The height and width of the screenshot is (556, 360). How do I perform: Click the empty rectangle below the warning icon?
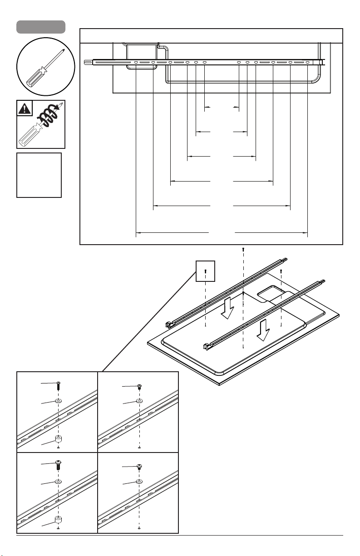tap(39, 175)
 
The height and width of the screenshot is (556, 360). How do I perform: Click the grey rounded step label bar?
tap(40, 26)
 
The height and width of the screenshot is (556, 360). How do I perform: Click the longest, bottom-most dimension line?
tap(222, 233)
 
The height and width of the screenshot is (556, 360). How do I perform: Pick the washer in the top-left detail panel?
tap(59, 402)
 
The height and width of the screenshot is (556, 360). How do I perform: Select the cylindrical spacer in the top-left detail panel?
tap(59, 439)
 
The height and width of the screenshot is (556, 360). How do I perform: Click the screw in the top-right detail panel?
tap(139, 387)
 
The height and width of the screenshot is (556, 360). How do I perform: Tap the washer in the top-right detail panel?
tap(139, 402)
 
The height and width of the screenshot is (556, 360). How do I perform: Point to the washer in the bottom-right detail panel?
tap(139, 482)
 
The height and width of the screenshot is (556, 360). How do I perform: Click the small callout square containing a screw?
tap(205, 271)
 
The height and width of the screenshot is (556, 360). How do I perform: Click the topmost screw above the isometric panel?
tap(243, 250)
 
